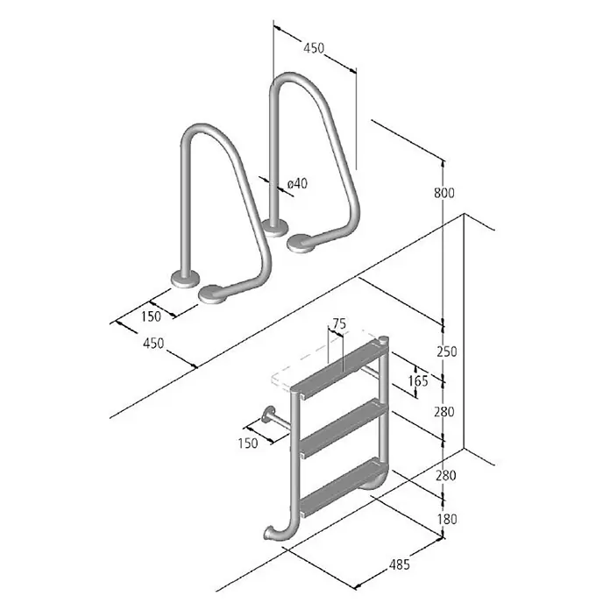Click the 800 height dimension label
(443, 193)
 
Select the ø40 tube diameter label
(297, 183)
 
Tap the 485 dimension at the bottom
(399, 564)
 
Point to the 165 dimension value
(418, 380)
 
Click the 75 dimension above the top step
(339, 323)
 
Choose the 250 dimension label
(447, 351)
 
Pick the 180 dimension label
(447, 519)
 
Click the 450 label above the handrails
(314, 48)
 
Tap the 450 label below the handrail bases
(153, 344)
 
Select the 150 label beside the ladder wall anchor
(248, 443)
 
